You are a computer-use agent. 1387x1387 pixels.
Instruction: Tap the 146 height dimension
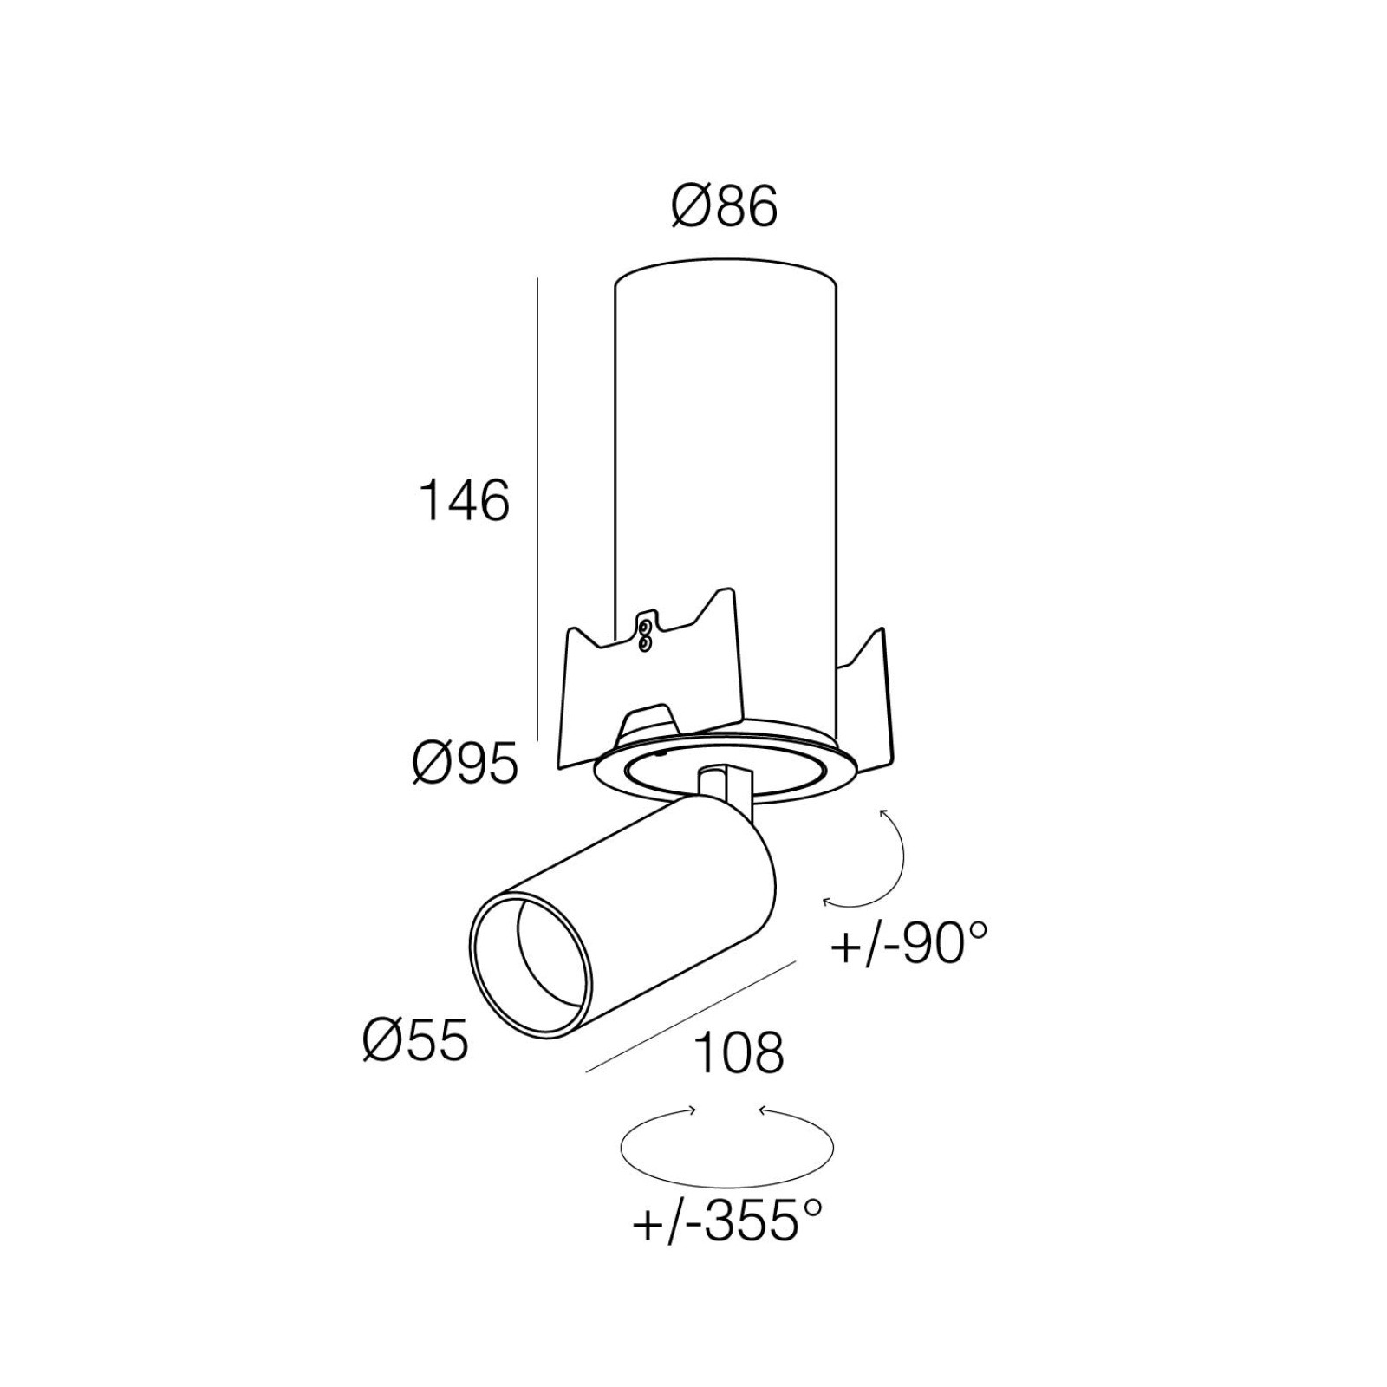(464, 501)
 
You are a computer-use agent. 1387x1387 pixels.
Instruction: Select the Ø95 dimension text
(466, 765)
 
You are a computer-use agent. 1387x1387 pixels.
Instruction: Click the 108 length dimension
(739, 1052)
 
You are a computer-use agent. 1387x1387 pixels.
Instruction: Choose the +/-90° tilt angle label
(908, 942)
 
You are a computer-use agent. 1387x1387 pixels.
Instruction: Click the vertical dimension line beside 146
(538, 509)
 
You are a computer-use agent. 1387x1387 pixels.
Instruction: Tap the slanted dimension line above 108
(691, 1016)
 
